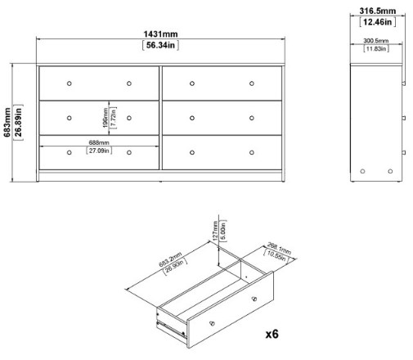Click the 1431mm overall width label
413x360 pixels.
161,34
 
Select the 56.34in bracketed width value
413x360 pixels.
161,45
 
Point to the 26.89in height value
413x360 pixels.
19,122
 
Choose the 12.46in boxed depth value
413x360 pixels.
378,22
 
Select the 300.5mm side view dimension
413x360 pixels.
376,41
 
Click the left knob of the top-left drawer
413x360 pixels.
70,83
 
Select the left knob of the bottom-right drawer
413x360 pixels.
191,151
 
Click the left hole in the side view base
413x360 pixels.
363,170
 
